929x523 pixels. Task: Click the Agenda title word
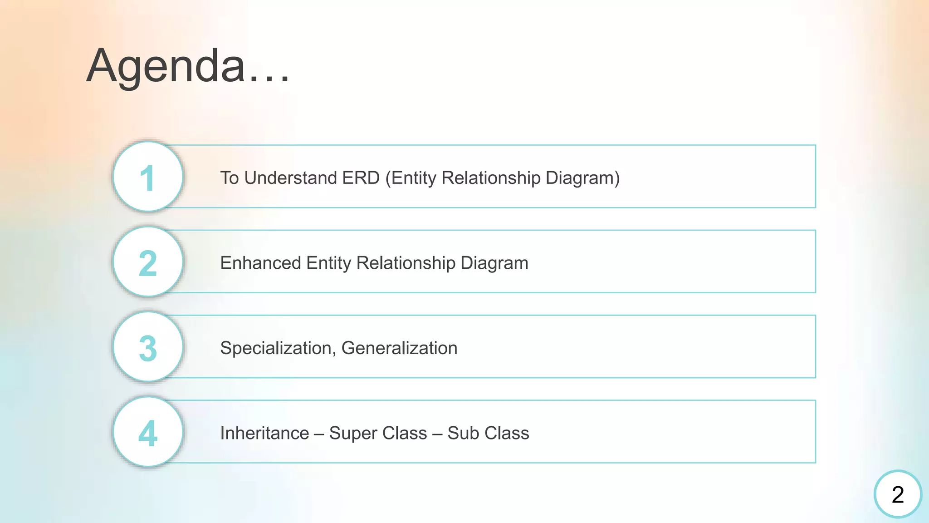click(166, 66)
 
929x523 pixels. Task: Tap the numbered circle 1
click(148, 177)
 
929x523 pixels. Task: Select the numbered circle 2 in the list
click(148, 262)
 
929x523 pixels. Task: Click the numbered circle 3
click(148, 347)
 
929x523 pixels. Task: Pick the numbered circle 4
click(148, 432)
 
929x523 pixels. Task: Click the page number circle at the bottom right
click(898, 494)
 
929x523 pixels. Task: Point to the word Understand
click(290, 178)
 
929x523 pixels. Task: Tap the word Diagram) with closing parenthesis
click(582, 178)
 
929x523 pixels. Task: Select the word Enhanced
click(260, 263)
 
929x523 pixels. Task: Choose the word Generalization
click(399, 348)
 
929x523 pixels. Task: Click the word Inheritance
click(264, 433)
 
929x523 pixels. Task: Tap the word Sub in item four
click(461, 433)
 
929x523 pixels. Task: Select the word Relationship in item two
click(406, 263)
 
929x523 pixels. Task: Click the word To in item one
click(230, 178)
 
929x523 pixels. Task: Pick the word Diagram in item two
click(494, 263)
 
